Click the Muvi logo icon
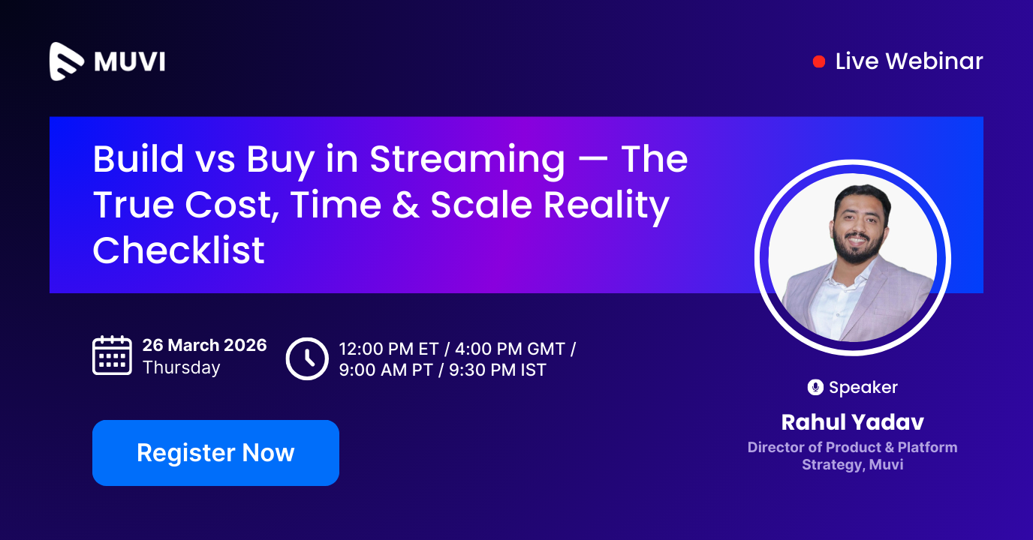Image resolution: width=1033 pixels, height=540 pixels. pos(68,61)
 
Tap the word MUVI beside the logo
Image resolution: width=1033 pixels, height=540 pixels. pos(129,61)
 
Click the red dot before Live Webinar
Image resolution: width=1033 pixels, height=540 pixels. pos(819,61)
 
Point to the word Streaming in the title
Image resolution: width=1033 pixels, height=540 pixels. pos(468,160)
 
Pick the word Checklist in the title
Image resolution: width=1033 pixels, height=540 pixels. pos(179,250)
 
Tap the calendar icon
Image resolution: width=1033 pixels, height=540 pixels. pos(112,355)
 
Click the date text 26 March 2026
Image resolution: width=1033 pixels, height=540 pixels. pos(204,345)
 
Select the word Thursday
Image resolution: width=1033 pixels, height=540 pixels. pos(181,367)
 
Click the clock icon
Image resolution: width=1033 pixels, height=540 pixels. pos(307,358)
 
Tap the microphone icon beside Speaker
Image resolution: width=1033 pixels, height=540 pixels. pos(815,388)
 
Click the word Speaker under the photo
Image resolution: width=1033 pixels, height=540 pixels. pos(863,388)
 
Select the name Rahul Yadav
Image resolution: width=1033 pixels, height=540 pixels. pos(852,422)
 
